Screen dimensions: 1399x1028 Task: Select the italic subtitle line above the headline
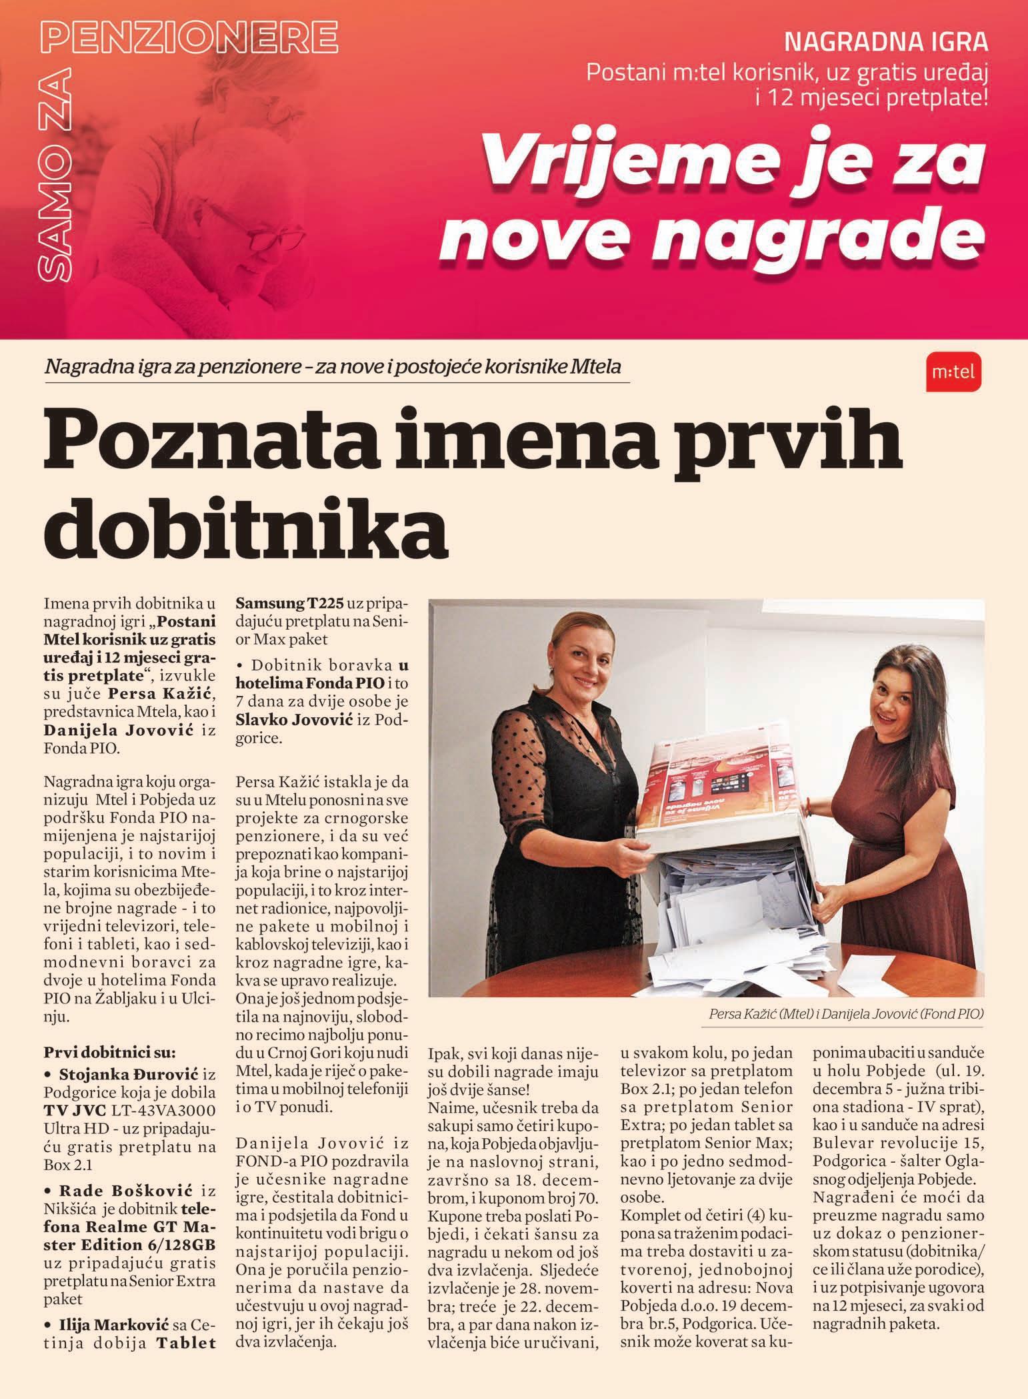[x=333, y=368]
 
